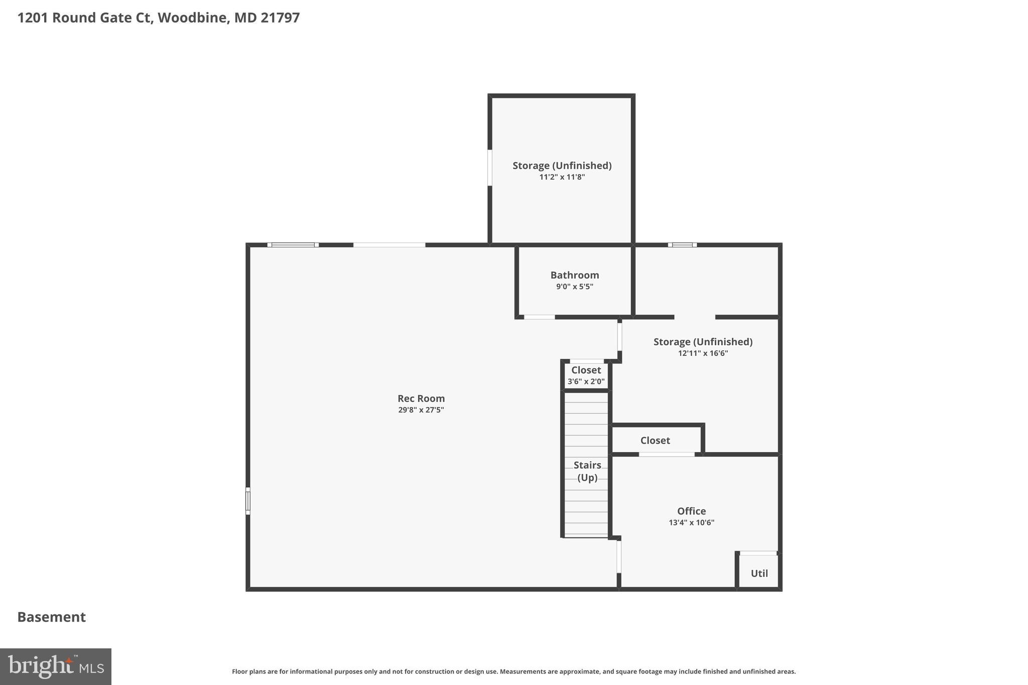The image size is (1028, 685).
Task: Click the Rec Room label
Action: click(x=421, y=398)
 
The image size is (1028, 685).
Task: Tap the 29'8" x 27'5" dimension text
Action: click(x=421, y=410)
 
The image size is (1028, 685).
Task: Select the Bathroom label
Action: click(x=574, y=275)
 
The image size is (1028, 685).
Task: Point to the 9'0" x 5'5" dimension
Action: click(x=574, y=287)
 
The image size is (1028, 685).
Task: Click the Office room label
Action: click(x=691, y=511)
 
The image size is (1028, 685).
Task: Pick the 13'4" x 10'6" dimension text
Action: click(x=691, y=522)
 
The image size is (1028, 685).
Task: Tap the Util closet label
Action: click(x=759, y=573)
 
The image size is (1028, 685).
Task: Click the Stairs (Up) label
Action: click(x=587, y=471)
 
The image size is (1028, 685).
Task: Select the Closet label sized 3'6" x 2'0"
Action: click(x=586, y=370)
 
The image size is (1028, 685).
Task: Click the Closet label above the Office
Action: click(x=655, y=440)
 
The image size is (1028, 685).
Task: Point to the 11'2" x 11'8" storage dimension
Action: click(x=562, y=177)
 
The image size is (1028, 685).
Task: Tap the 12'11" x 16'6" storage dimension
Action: click(x=703, y=353)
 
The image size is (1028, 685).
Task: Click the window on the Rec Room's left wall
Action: click(x=248, y=501)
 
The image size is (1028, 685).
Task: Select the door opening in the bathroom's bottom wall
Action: click(x=539, y=317)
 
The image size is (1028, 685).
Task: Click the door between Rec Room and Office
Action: click(x=619, y=556)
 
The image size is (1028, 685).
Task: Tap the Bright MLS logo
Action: click(x=56, y=666)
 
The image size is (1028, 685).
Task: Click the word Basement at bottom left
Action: click(x=52, y=617)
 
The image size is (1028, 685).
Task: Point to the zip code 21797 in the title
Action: click(x=280, y=18)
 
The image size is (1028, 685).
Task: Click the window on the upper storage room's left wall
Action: click(x=490, y=168)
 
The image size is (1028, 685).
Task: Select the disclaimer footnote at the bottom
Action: click(x=513, y=671)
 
